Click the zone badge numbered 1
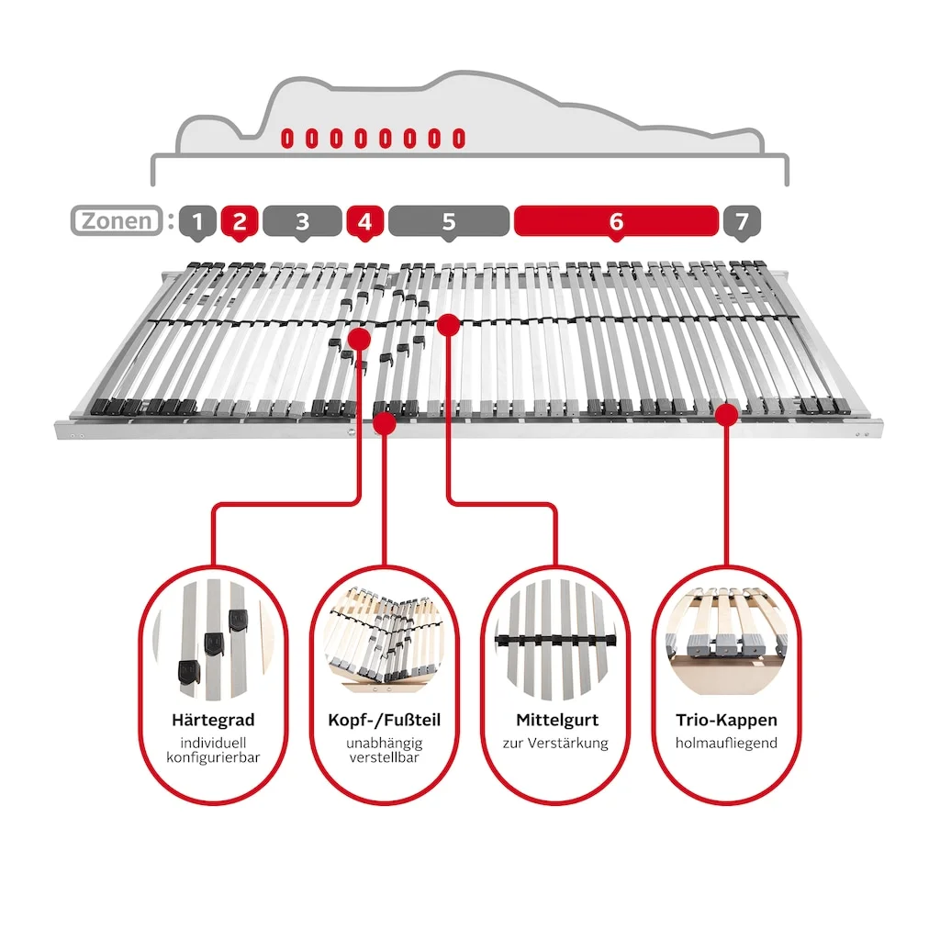point(198,221)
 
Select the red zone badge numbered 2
point(240,221)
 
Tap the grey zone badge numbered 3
point(302,221)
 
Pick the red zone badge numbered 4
point(364,221)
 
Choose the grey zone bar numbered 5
point(448,221)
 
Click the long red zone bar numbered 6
point(615,221)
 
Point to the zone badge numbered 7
point(742,221)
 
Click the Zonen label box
point(117,221)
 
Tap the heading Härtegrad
point(213,721)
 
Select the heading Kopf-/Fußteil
point(384,721)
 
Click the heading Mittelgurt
point(555,721)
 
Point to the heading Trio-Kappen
point(726,721)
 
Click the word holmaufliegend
point(726,743)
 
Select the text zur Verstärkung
point(555,743)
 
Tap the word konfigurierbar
point(213,757)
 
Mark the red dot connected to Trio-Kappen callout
point(726,415)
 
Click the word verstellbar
point(384,757)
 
